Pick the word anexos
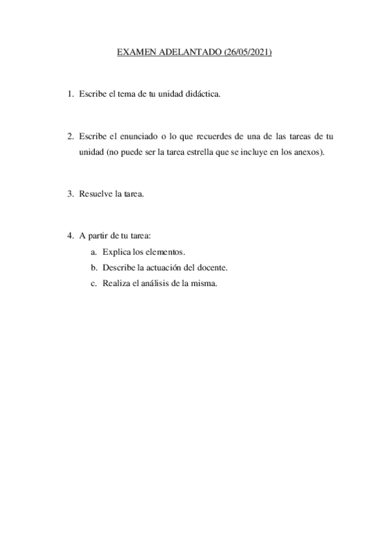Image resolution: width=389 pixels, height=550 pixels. click(x=305, y=152)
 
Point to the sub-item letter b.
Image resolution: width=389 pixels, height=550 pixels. click(x=94, y=267)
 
